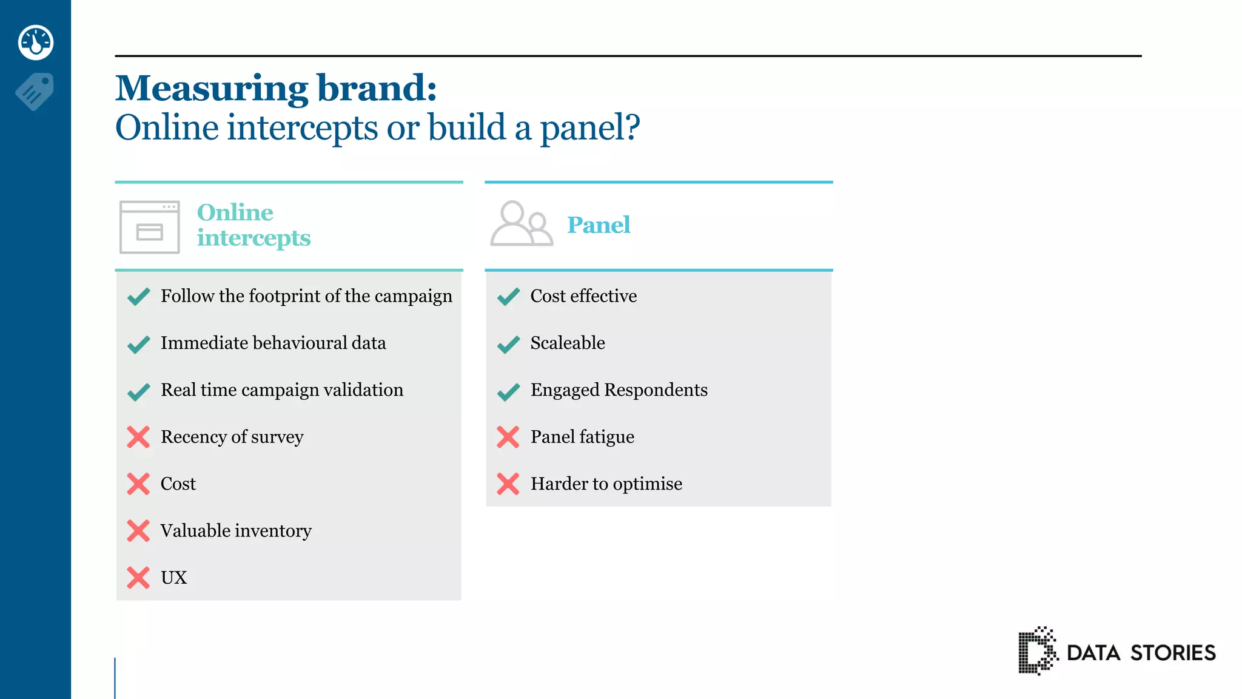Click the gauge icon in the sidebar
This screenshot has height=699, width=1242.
tap(36, 42)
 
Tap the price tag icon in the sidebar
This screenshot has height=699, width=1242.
tap(35, 92)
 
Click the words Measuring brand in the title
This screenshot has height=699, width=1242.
tap(276, 89)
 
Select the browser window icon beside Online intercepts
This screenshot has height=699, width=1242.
tap(150, 227)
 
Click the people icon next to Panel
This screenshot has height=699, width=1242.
tap(521, 224)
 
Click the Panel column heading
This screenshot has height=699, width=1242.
tap(599, 225)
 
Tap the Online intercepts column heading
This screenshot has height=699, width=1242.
tap(253, 225)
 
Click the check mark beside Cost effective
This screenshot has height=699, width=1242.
tap(508, 297)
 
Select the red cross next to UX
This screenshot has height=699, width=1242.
tap(138, 578)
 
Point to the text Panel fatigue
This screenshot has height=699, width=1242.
tap(582, 437)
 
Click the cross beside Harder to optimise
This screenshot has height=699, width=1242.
tap(508, 484)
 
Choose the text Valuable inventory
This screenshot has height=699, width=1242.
tap(236, 531)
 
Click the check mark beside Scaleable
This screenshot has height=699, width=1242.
tap(508, 344)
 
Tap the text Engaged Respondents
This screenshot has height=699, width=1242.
tap(619, 390)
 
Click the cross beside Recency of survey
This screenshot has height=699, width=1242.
tap(138, 437)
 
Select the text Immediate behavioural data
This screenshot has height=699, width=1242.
tap(273, 343)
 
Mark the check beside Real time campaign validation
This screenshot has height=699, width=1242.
tap(138, 392)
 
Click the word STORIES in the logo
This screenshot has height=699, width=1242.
tap(1173, 653)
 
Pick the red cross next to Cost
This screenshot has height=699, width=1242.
tap(138, 484)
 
